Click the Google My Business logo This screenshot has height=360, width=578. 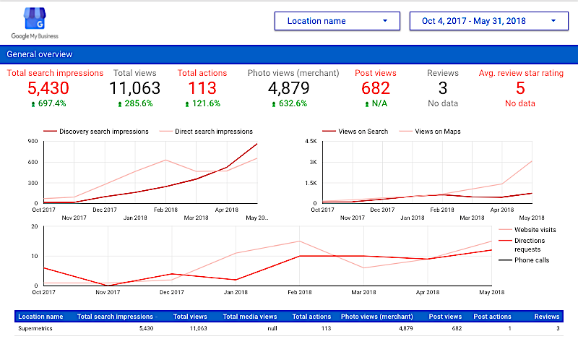point(35,22)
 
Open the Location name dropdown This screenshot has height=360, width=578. point(337,21)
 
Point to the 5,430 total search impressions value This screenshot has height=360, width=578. point(48,88)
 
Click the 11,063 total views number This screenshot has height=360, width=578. point(134,88)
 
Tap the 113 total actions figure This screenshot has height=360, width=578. point(202,88)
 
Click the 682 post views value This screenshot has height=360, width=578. point(376,88)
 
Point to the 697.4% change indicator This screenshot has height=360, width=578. point(48,103)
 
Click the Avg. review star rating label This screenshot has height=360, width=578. point(520,73)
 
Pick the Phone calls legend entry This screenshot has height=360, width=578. point(532,260)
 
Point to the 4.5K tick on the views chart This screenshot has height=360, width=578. point(311,141)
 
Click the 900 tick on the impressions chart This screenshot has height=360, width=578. point(33,141)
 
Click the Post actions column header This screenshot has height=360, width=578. point(492,316)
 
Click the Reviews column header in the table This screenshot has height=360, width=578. point(546,316)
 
